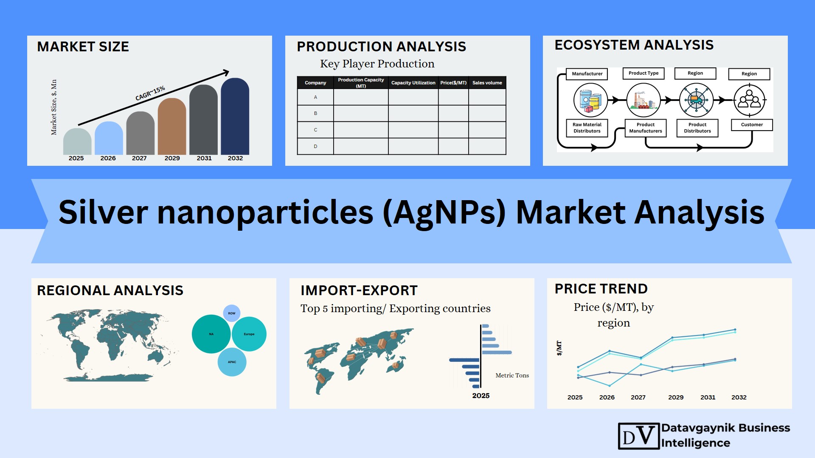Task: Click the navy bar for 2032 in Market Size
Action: click(x=235, y=116)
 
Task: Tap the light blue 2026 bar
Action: click(x=109, y=138)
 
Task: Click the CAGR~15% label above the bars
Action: click(x=150, y=94)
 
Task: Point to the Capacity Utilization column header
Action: click(x=413, y=83)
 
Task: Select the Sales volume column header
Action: click(x=487, y=83)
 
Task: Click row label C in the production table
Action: click(x=315, y=130)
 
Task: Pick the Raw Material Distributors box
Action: click(x=587, y=128)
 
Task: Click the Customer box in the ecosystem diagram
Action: click(x=752, y=125)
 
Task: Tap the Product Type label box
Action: click(x=644, y=73)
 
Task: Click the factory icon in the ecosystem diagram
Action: click(x=644, y=100)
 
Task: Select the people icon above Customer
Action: click(x=749, y=100)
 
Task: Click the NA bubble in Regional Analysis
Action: click(x=211, y=334)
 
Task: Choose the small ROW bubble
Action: click(x=232, y=313)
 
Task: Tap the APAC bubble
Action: click(x=232, y=362)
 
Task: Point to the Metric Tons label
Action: click(x=512, y=375)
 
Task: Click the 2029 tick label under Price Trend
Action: click(x=676, y=397)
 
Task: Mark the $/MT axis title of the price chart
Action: click(x=559, y=348)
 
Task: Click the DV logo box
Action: click(x=639, y=436)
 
